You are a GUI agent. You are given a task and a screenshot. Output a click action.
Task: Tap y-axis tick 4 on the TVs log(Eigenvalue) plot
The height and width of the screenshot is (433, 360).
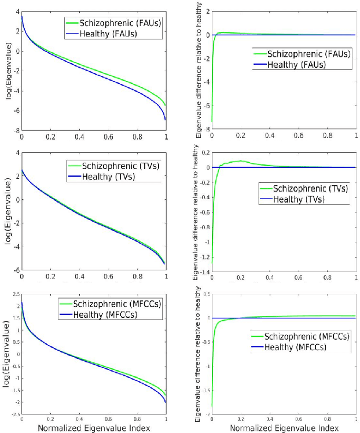pos(18,153)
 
